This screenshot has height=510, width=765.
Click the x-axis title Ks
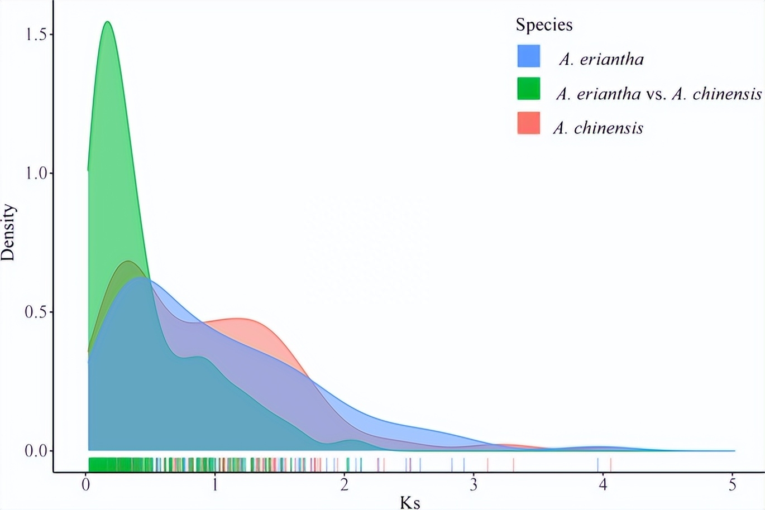pyautogui.click(x=410, y=502)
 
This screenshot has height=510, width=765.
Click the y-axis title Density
pyautogui.click(x=8, y=233)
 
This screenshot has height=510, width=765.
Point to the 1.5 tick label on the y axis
pyautogui.click(x=36, y=35)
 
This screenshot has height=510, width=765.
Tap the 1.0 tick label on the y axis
pyautogui.click(x=36, y=174)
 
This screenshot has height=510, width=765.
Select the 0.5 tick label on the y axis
pyautogui.click(x=36, y=312)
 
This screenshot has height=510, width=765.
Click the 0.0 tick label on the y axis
pyautogui.click(x=36, y=451)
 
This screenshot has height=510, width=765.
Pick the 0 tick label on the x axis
pyautogui.click(x=86, y=485)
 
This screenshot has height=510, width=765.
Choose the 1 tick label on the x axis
pyautogui.click(x=215, y=485)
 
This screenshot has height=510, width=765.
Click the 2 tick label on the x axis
pyautogui.click(x=345, y=485)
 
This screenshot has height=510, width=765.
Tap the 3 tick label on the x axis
pyautogui.click(x=474, y=485)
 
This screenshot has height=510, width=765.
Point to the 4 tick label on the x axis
pyautogui.click(x=603, y=485)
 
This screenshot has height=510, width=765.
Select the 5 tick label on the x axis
pyautogui.click(x=732, y=485)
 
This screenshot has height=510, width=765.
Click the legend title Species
pyautogui.click(x=544, y=25)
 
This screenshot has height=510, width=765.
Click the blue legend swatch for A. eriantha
pyautogui.click(x=528, y=56)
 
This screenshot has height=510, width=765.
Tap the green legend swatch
pyautogui.click(x=528, y=89)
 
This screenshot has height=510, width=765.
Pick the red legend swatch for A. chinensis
pyautogui.click(x=528, y=123)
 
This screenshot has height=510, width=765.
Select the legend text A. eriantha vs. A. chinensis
pyautogui.click(x=659, y=94)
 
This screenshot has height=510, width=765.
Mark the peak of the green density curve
pyautogui.click(x=107, y=22)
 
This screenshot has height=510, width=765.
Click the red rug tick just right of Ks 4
pyautogui.click(x=611, y=464)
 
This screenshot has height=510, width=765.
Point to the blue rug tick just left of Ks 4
pyautogui.click(x=597, y=464)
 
